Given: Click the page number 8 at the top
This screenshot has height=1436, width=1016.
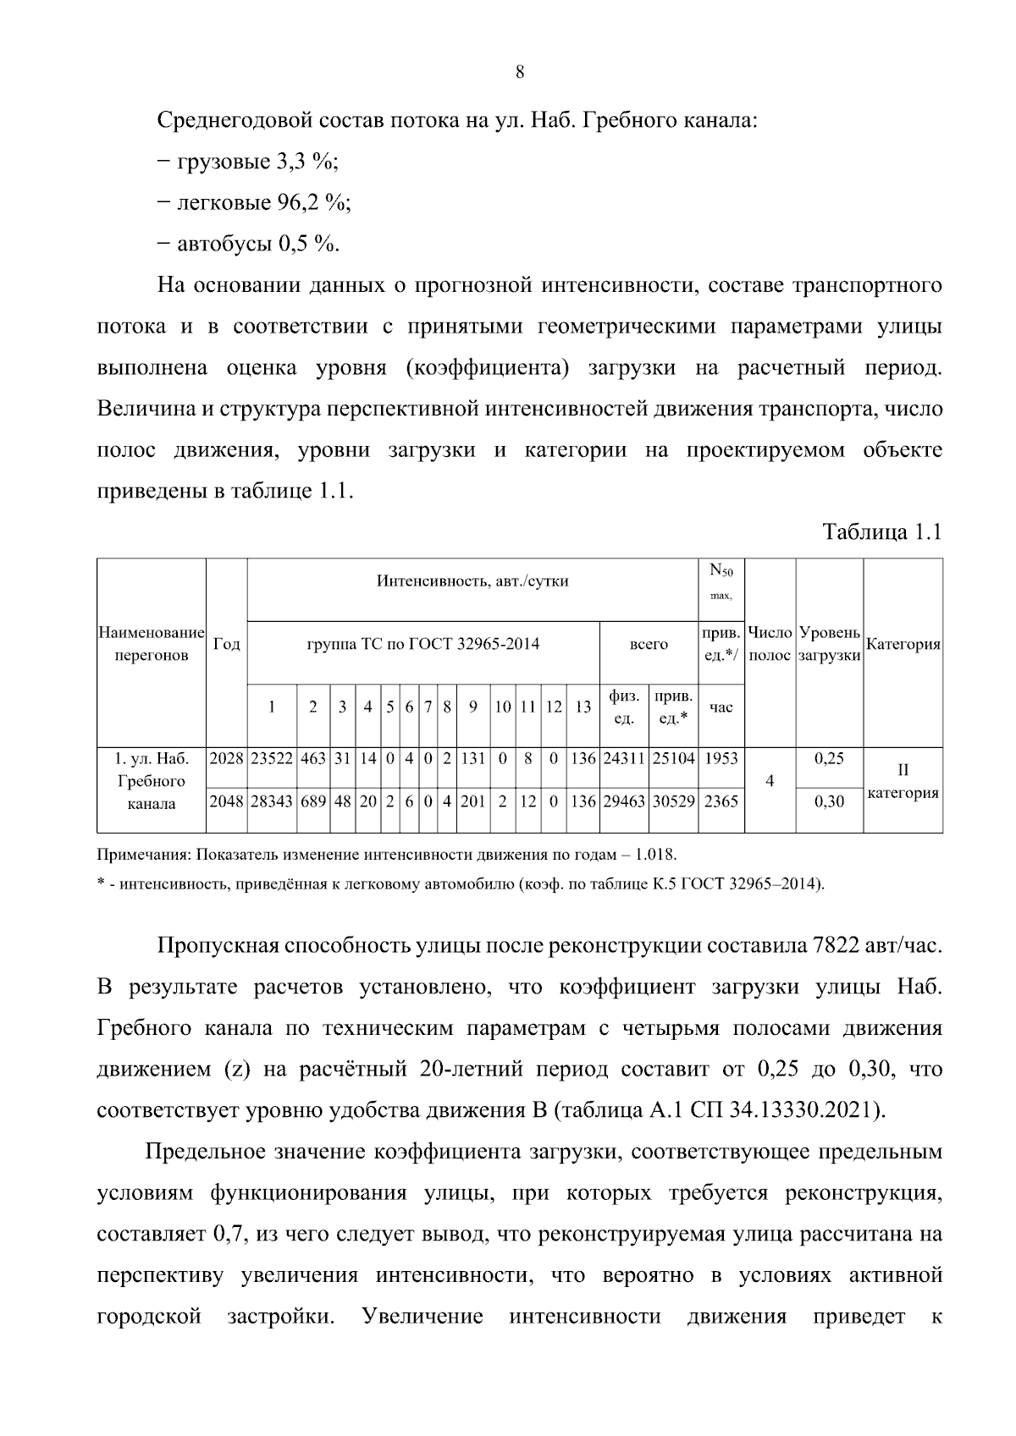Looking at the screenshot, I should click(x=520, y=73).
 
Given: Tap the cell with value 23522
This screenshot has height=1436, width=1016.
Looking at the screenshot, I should click(x=272, y=759).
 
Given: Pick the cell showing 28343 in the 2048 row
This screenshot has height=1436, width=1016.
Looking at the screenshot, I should click(x=272, y=801).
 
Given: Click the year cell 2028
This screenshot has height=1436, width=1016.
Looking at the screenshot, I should click(x=226, y=759).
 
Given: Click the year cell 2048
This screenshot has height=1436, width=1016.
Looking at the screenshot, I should click(x=226, y=801).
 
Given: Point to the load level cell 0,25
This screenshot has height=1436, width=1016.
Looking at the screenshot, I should click(x=828, y=759).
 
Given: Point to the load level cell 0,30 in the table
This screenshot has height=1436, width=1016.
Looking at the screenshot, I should click(x=828, y=801).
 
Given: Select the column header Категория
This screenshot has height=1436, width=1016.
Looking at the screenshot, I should click(x=903, y=645).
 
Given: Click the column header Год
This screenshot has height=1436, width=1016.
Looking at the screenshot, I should click(x=226, y=645).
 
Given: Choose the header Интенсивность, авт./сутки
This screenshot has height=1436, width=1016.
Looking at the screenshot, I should click(x=472, y=581).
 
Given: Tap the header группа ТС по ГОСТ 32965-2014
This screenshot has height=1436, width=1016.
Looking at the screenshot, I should click(x=423, y=645).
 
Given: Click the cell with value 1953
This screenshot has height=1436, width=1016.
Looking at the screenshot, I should click(x=721, y=759).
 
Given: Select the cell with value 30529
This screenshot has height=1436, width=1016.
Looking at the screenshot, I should click(x=673, y=801).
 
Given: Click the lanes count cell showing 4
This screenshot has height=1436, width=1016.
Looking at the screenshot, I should click(x=769, y=780).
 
